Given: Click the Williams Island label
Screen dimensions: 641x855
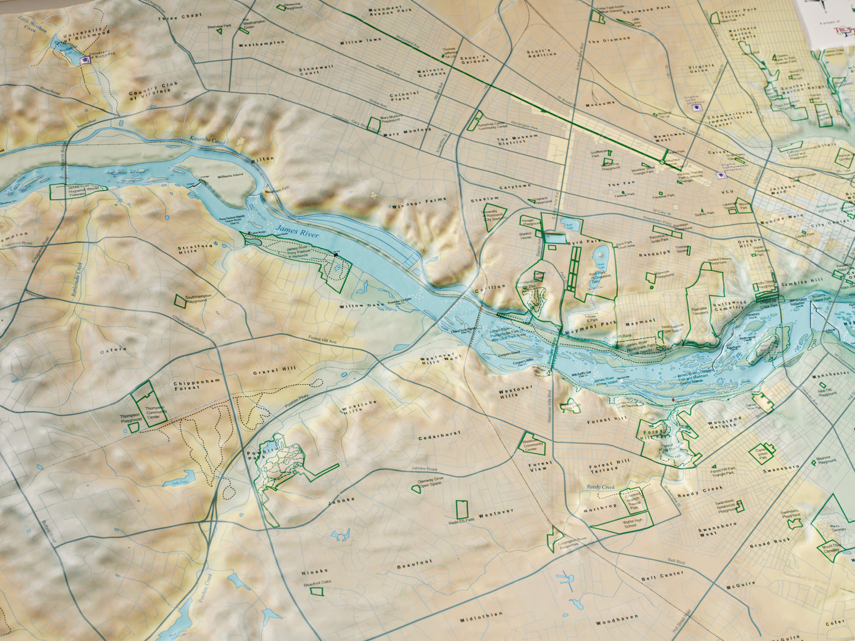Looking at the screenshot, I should [x=231, y=176].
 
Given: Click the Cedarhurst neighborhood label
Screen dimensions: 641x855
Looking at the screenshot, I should [x=439, y=436].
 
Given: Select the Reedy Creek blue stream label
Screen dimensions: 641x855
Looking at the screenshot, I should [x=601, y=487].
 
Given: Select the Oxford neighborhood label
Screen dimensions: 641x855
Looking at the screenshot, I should [x=113, y=350].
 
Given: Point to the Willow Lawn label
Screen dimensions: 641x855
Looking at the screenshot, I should [x=360, y=41].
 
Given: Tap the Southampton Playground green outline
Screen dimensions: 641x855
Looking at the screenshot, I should [x=179, y=300].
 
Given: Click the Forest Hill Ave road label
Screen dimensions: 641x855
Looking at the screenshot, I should [x=322, y=340].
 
